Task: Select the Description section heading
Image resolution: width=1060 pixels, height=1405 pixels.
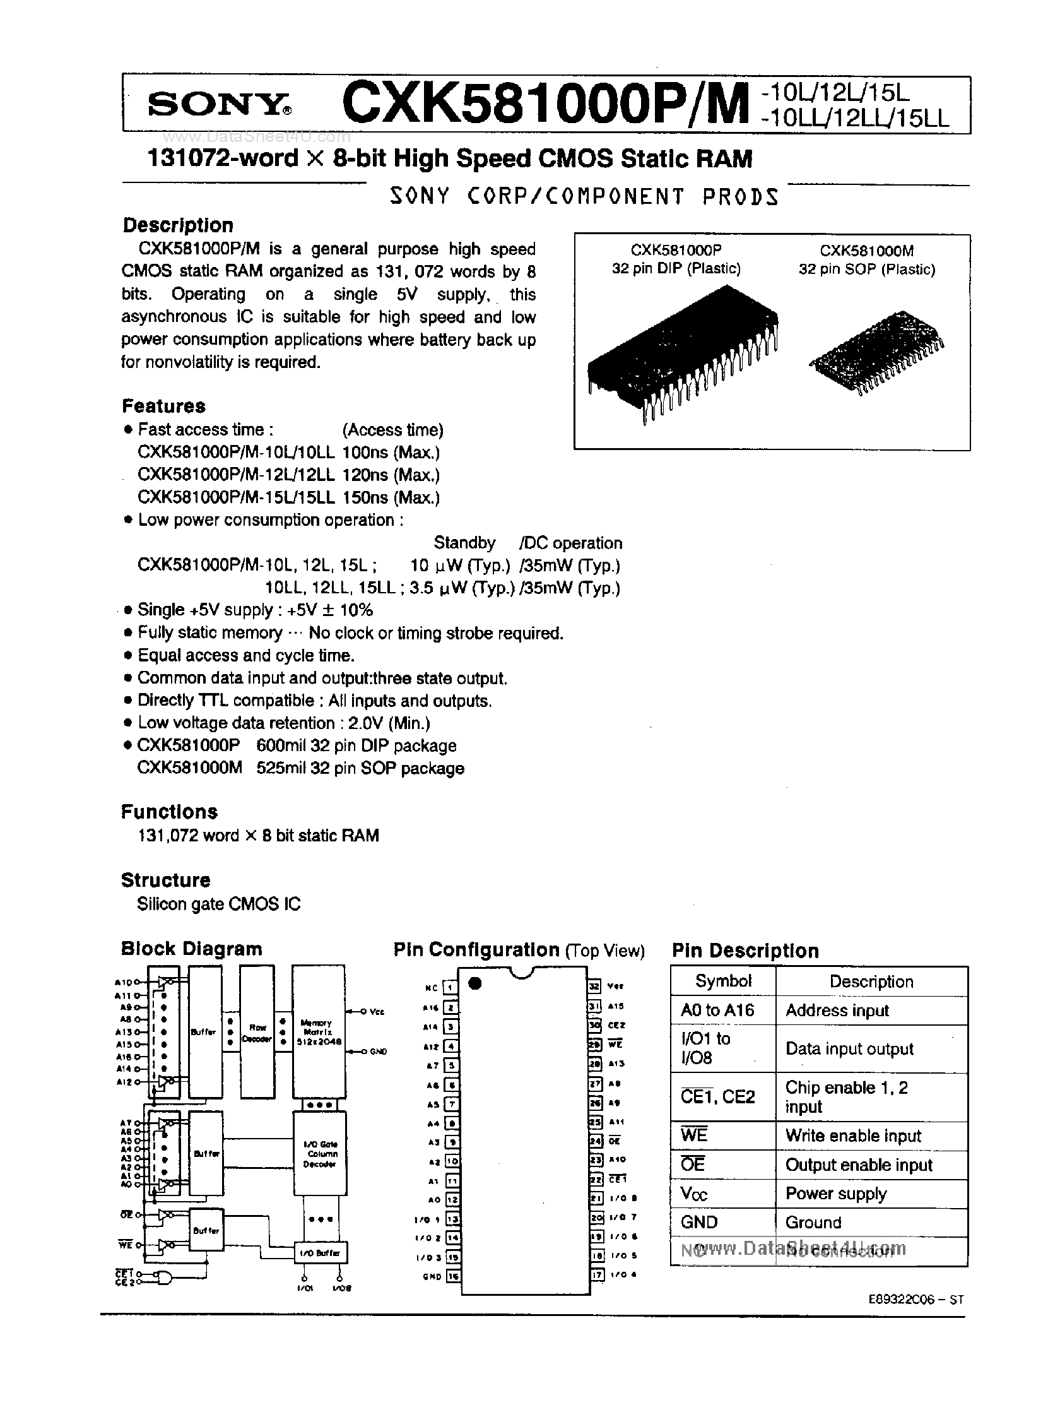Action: [178, 225]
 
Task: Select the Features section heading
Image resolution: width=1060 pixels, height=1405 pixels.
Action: [164, 406]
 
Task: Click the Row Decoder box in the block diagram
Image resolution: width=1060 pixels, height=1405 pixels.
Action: [257, 1033]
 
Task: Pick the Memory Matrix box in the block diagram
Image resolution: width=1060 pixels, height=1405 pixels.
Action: [319, 1033]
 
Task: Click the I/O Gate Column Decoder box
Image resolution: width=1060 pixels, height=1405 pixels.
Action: [319, 1153]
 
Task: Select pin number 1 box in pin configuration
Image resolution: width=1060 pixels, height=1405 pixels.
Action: [450, 987]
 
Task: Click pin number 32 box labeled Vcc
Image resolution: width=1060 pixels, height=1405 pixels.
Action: [594, 986]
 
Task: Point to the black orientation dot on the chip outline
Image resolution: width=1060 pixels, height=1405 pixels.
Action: [474, 984]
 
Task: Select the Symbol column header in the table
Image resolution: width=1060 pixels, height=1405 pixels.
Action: [723, 981]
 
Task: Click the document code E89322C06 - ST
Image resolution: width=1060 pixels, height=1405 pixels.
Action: [916, 1300]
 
